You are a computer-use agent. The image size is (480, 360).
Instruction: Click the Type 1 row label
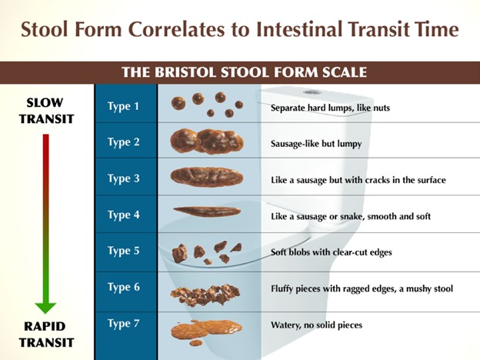tap(123, 106)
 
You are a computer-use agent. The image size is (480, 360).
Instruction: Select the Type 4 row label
tap(123, 215)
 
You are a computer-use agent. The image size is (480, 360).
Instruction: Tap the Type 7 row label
tap(123, 324)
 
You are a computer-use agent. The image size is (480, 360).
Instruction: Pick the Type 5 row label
tap(123, 251)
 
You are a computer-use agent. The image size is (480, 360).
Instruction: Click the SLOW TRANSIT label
tap(46, 111)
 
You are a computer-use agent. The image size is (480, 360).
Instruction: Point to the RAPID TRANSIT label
tap(46, 335)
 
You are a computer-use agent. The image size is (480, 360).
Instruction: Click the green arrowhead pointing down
tap(45, 308)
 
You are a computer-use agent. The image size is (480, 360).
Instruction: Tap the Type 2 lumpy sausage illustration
tap(207, 141)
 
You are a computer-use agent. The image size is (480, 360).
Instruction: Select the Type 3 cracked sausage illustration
tap(207, 177)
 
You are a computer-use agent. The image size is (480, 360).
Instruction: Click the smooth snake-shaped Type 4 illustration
tap(207, 212)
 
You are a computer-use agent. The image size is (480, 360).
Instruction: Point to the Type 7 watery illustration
tap(206, 332)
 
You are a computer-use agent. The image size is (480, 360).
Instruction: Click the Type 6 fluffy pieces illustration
tap(205, 295)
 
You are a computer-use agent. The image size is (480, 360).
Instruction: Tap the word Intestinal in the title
tap(299, 29)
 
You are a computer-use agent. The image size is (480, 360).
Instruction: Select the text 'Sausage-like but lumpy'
tap(316, 144)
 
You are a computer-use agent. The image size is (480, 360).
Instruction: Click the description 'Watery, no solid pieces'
tap(316, 325)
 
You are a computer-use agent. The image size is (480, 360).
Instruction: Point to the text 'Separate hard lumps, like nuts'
tap(330, 108)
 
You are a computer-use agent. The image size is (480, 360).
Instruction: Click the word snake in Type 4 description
tap(352, 216)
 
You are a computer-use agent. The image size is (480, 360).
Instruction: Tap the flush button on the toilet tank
tap(312, 92)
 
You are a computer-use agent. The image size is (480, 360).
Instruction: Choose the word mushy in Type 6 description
tap(418, 288)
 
